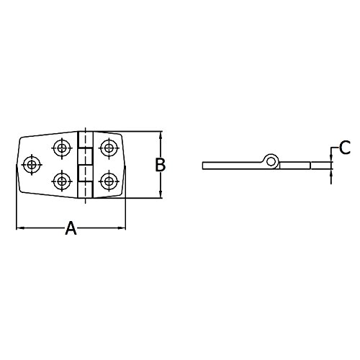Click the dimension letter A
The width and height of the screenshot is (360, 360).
click(71, 229)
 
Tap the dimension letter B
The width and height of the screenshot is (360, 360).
click(161, 165)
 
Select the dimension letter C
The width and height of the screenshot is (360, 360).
click(344, 148)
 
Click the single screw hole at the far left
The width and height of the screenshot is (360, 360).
click(31, 165)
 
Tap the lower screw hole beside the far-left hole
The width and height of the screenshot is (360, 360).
click(63, 180)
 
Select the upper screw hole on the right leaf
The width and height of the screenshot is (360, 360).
click(109, 148)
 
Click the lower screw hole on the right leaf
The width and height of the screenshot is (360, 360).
click(109, 180)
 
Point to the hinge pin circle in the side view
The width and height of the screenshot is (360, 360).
click(271, 160)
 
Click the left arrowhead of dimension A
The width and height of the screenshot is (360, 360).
click(19, 229)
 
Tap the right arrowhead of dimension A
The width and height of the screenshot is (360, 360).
click(122, 229)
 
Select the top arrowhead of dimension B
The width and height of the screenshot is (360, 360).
click(161, 135)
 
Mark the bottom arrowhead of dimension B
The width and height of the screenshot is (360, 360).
click(161, 194)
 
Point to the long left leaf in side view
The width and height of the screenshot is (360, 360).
click(234, 166)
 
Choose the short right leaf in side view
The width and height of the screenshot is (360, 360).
click(295, 166)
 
